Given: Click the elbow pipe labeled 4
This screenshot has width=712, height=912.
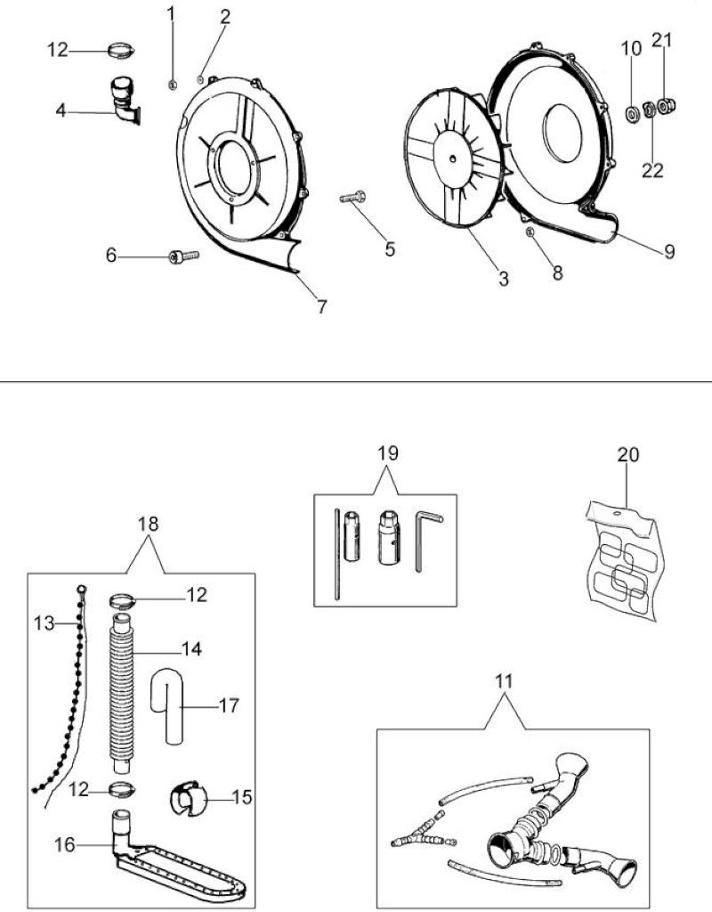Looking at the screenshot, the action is point(124,101).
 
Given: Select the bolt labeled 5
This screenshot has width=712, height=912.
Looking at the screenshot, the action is point(352,197).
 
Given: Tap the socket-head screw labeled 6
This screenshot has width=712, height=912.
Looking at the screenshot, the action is point(183,256).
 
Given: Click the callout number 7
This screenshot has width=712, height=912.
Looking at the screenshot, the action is point(321,306).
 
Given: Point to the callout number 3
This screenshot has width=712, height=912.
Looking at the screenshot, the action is point(504,279).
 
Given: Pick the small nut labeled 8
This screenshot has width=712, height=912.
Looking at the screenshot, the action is point(530,232).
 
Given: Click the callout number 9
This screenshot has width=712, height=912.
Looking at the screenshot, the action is point(669,251).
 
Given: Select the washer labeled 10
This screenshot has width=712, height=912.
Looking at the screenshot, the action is point(632,113).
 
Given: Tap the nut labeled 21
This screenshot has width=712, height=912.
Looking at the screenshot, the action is point(667,106).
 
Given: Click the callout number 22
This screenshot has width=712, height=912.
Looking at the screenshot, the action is point(652,170).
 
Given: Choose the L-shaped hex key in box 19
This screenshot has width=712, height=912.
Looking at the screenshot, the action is point(427,539).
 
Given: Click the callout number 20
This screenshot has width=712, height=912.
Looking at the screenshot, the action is point(627,454).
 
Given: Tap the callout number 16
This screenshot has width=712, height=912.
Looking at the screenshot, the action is point(65,844).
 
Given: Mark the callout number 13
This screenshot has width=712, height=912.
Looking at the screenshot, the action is point(44,623).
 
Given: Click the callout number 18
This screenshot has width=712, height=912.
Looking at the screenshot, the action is point(149,524).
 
